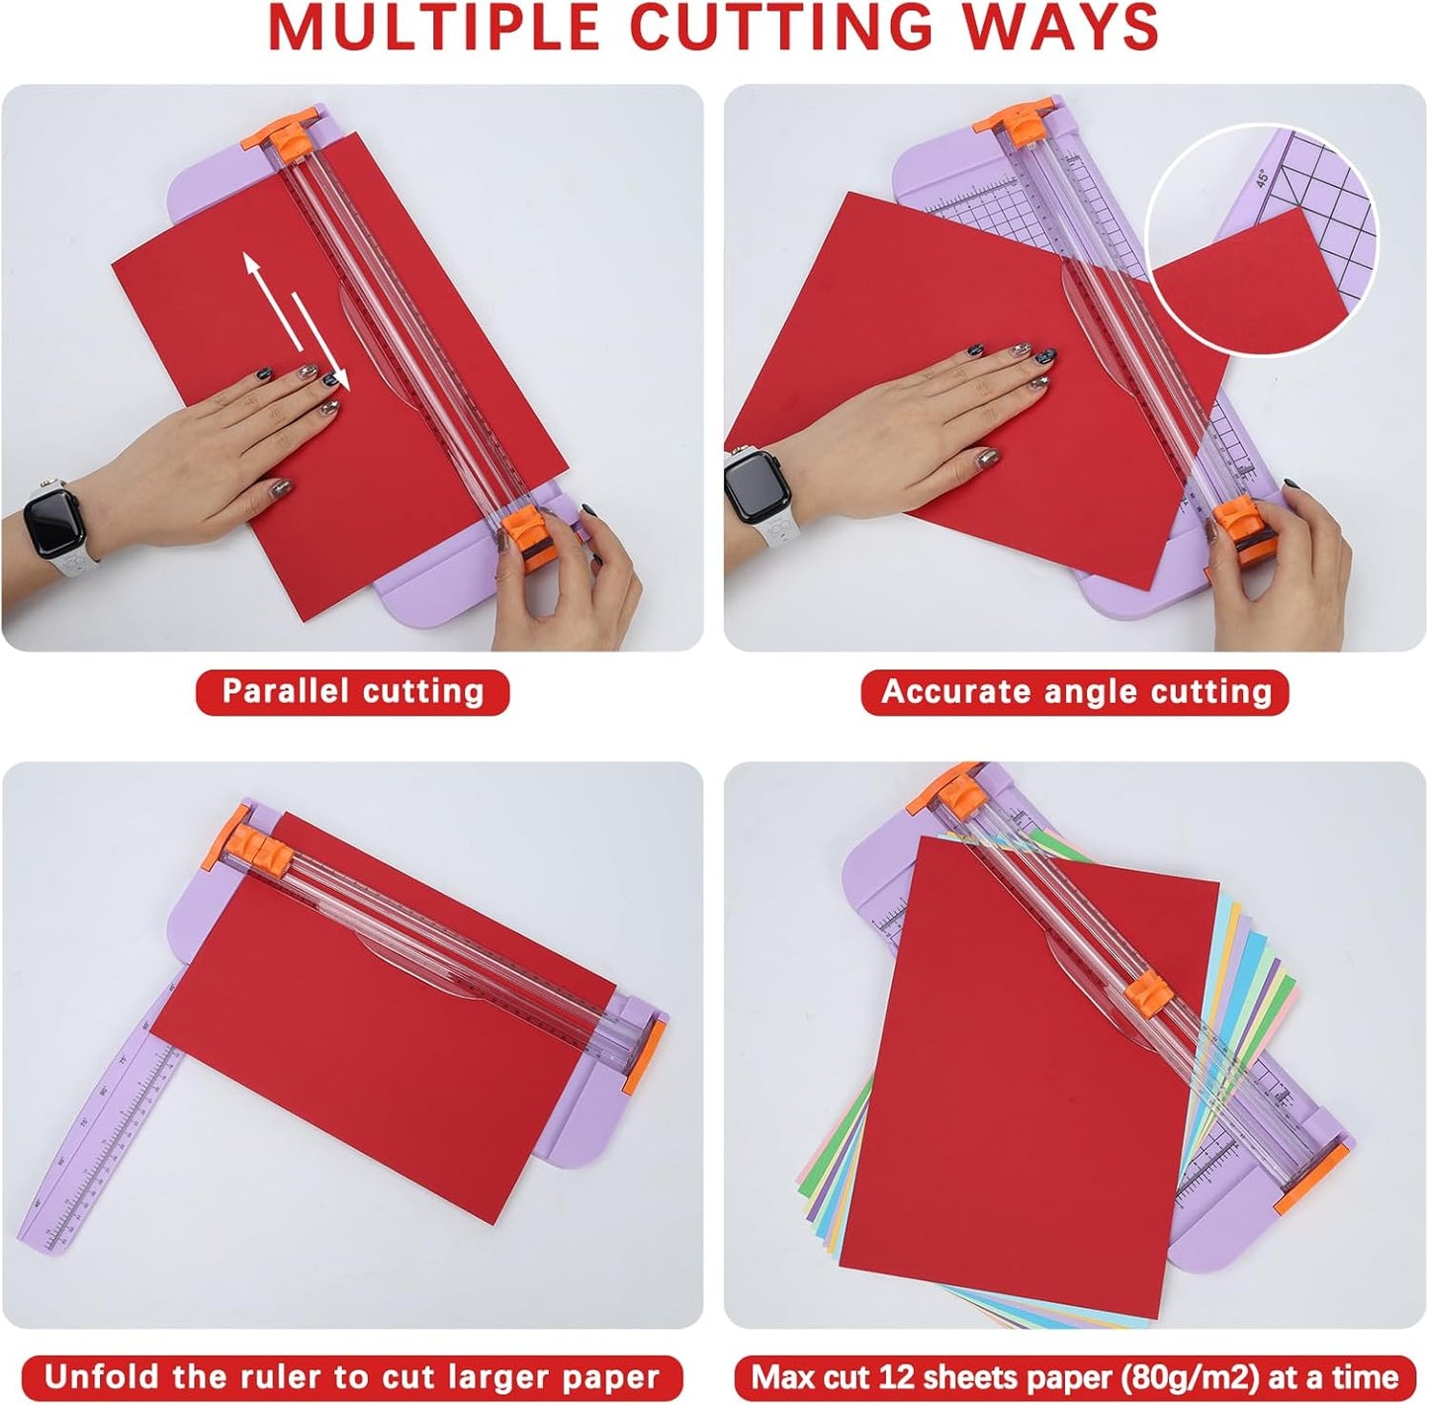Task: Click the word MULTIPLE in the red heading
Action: [x=433, y=28]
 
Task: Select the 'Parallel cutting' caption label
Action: [x=353, y=691]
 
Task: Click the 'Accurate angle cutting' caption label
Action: [x=1075, y=691]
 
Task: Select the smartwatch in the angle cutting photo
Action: [x=749, y=484]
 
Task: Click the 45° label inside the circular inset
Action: [x=1262, y=179]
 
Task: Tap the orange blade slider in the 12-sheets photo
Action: [x=1150, y=989]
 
